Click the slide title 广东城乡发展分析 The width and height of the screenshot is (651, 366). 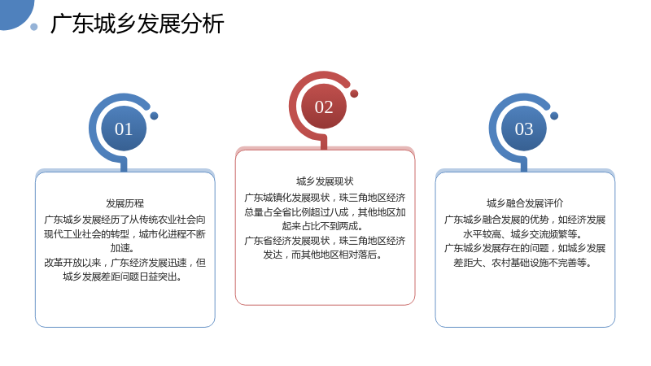tap(137, 24)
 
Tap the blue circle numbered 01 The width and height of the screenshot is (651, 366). tap(124, 129)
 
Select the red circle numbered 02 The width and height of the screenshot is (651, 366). tap(324, 107)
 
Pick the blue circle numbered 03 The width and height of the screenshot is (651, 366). tap(524, 129)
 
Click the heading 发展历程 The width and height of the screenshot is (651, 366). tap(125, 203)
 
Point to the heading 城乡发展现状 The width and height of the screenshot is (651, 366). tap(325, 181)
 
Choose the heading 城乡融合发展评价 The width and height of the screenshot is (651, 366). tap(525, 203)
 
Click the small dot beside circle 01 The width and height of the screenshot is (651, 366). tap(154, 115)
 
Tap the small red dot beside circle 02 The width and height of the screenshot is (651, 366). tap(354, 94)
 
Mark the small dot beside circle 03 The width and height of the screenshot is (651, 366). tap(554, 115)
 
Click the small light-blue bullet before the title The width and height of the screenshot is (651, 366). tap(34, 27)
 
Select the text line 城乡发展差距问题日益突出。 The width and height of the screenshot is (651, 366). tap(123, 277)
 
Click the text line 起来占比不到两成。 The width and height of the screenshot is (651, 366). tap(322, 226)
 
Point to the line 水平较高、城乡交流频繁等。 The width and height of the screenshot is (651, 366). tap(522, 234)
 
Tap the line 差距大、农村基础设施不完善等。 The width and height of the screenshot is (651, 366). tap(522, 263)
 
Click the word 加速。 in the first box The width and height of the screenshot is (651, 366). tap(123, 248)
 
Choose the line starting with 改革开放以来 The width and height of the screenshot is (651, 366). tap(125, 263)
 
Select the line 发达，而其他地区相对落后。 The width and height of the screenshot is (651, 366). tap(322, 255)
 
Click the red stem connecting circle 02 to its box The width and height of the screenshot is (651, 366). tap(324, 143)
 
